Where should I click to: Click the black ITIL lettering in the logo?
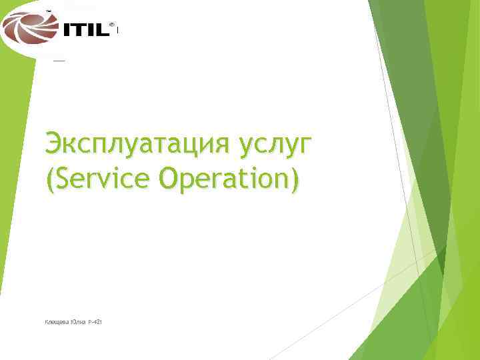(x=85, y=30)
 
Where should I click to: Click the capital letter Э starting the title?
(x=54, y=143)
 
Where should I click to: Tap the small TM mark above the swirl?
(x=49, y=11)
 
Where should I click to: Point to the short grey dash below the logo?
(x=59, y=61)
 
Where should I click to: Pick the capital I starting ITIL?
(x=65, y=30)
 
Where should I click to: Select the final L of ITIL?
(x=103, y=30)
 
